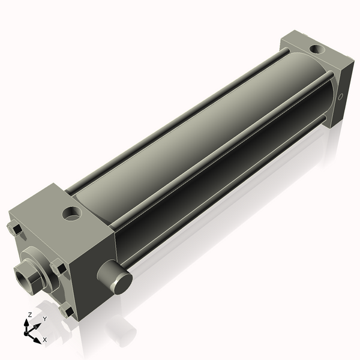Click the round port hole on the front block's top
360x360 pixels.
pos(73,212)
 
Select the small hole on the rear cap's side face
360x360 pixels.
pos(342,96)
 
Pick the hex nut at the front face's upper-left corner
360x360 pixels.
pos(15,229)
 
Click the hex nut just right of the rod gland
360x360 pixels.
pos(58,268)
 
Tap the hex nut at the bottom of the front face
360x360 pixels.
pos(67,311)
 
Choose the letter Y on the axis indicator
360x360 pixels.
pos(44,319)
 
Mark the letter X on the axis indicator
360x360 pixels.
pos(45,340)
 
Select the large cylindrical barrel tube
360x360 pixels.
pos(198,144)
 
